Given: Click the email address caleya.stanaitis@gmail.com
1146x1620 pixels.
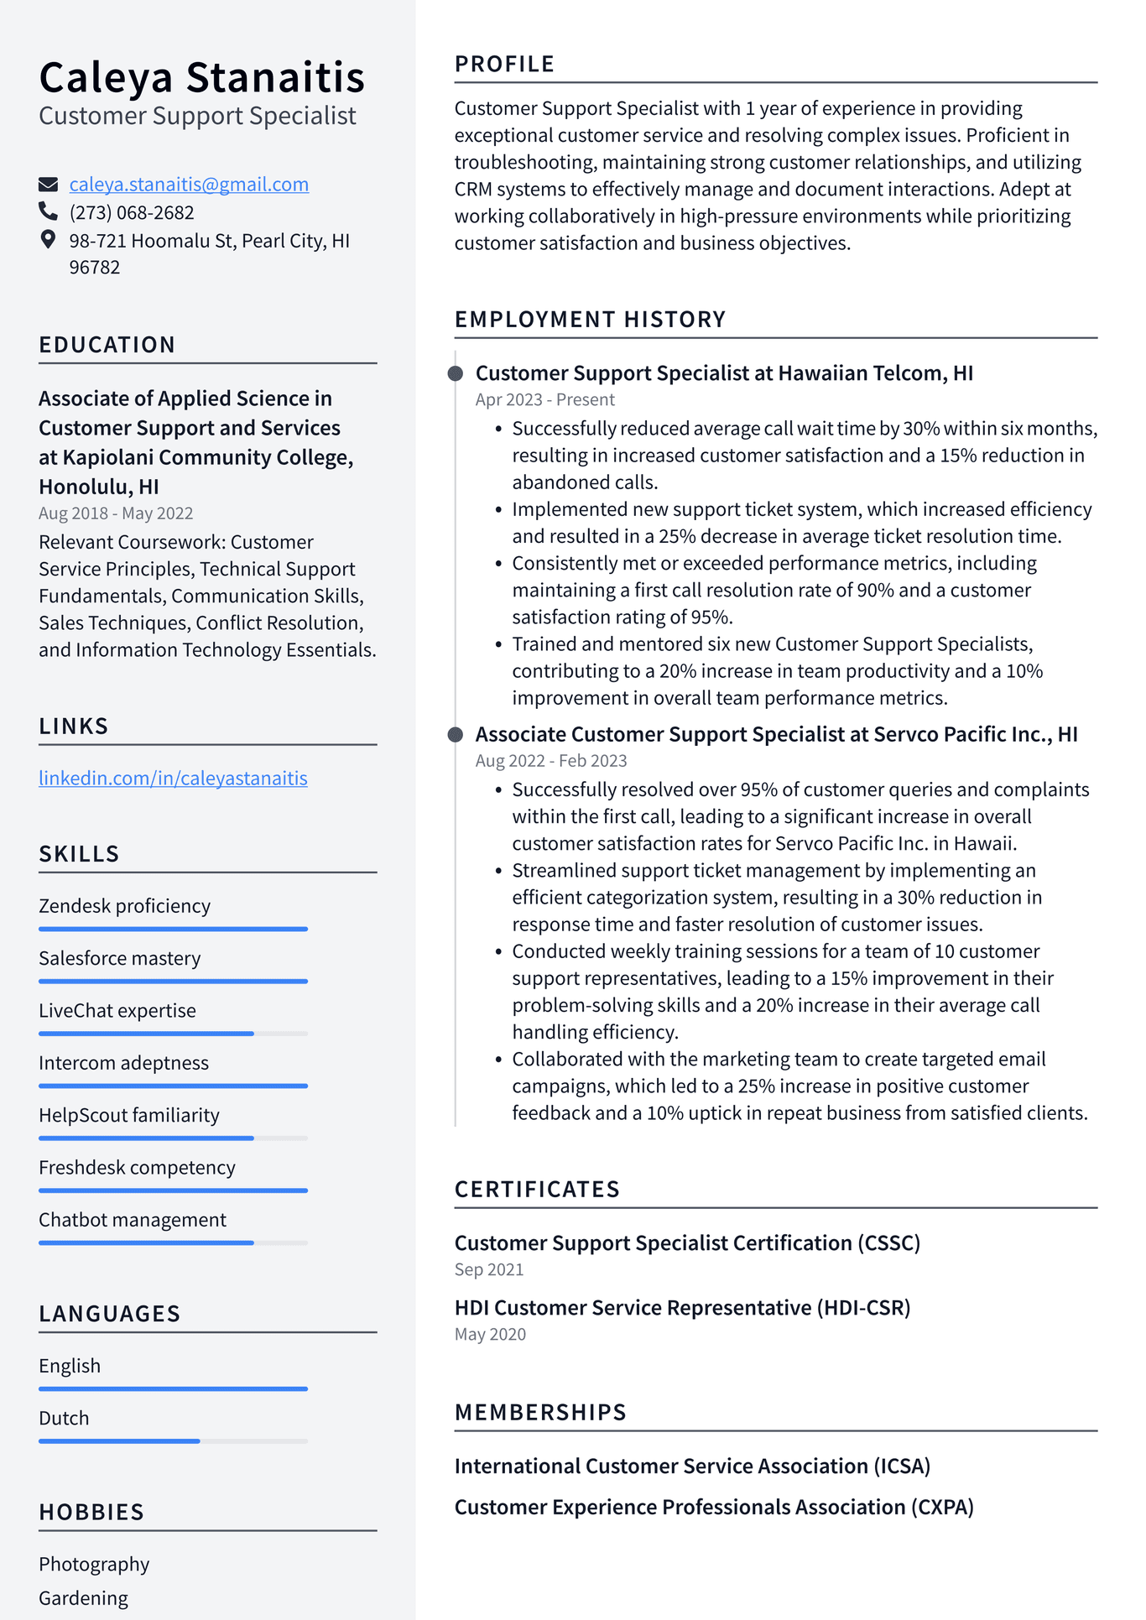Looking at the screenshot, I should click(189, 185).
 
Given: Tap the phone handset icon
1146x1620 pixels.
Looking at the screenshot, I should click(49, 211).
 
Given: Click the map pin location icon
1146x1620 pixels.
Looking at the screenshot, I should click(49, 240).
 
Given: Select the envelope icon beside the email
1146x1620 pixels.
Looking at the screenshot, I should click(49, 185).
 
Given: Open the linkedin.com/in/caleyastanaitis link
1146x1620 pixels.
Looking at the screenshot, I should click(173, 779).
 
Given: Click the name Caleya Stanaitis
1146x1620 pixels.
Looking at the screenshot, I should click(201, 77).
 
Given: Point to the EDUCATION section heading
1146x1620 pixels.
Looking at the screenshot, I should click(107, 345).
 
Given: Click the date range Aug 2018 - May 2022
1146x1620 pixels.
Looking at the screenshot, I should click(116, 513).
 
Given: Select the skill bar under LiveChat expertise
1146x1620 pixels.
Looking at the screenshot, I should click(173, 1034).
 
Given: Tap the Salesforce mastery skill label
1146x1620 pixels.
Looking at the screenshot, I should click(120, 958).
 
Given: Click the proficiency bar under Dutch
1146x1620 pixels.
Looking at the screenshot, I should click(173, 1441).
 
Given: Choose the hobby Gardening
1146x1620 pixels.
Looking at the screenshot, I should click(83, 1598).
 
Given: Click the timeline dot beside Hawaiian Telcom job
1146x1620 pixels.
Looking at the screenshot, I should click(456, 373).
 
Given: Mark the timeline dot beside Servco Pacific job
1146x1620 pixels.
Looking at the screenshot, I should click(456, 735).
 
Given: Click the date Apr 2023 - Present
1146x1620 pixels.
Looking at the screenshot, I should click(544, 400).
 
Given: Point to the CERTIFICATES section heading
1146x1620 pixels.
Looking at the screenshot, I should click(537, 1190).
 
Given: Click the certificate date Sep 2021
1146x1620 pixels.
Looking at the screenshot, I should click(489, 1270).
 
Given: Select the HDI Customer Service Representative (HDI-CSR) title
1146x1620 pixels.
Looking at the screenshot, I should click(682, 1308).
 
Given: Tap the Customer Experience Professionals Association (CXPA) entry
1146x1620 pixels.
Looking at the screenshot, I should click(714, 1508).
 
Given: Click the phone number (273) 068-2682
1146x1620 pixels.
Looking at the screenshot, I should click(132, 213).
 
